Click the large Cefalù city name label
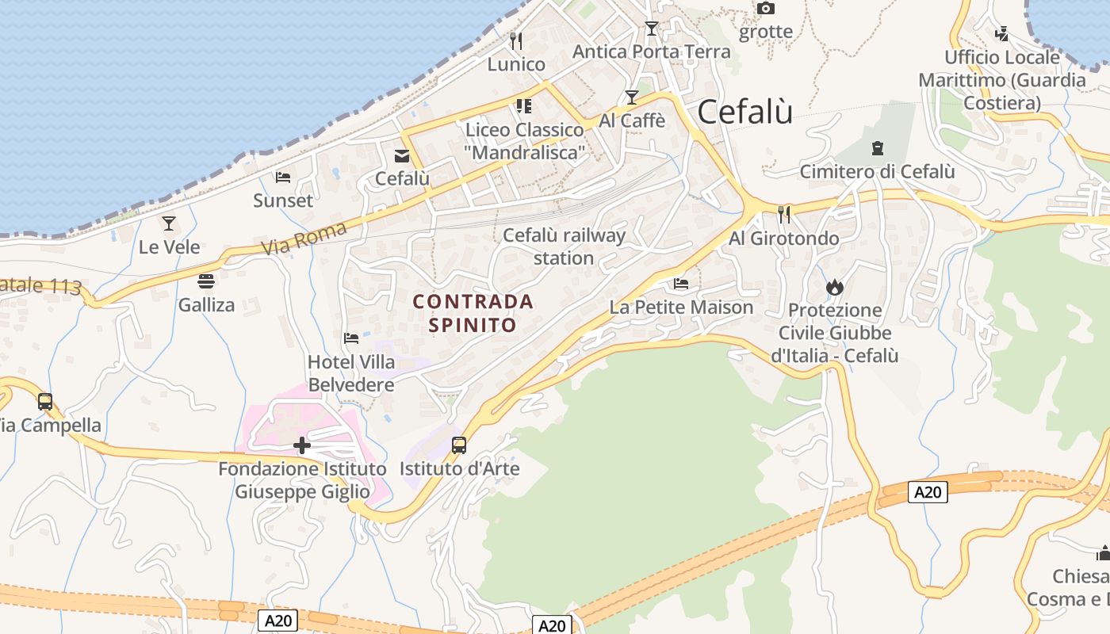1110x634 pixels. click(x=744, y=112)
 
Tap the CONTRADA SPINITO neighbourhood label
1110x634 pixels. click(x=473, y=313)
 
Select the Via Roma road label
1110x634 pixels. click(x=304, y=239)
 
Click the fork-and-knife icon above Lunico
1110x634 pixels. click(x=516, y=40)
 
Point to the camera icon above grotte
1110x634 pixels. click(x=765, y=9)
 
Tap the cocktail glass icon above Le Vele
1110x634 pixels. click(x=169, y=223)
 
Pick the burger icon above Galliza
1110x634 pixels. click(x=206, y=281)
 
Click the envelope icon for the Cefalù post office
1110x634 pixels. click(x=402, y=156)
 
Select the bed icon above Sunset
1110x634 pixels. click(x=283, y=178)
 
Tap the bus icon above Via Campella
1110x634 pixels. click(x=45, y=402)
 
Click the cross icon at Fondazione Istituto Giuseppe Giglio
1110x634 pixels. click(x=302, y=445)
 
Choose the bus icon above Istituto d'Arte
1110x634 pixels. click(x=459, y=445)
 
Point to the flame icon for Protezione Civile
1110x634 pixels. click(x=834, y=287)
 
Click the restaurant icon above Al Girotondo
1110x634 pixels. click(x=784, y=214)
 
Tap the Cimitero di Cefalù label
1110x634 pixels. click(x=877, y=171)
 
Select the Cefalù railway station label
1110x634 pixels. click(x=564, y=246)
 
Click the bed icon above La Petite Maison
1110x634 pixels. click(x=681, y=284)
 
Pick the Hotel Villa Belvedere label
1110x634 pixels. click(x=351, y=373)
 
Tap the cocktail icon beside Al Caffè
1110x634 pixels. click(x=632, y=97)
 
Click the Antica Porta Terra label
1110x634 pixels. click(x=651, y=52)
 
